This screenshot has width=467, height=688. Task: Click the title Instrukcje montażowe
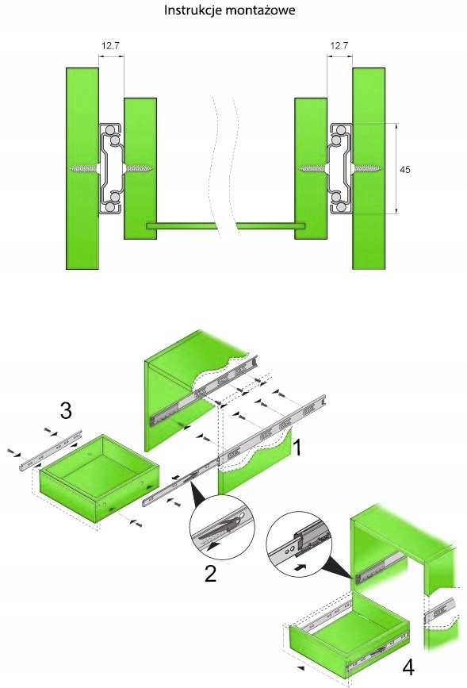[229, 10]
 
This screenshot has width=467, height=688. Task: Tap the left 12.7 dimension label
[110, 45]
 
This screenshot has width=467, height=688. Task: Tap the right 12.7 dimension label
[339, 45]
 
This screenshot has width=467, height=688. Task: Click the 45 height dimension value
[405, 169]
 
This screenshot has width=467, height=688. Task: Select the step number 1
[297, 448]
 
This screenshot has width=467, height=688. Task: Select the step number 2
[210, 573]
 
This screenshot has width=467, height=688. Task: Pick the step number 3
[66, 411]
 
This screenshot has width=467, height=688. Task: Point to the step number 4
[408, 667]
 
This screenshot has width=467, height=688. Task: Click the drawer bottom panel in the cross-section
[225, 226]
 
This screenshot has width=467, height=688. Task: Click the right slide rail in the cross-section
[340, 169]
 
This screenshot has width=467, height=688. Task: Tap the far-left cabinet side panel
[82, 168]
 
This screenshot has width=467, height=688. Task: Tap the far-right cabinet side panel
[369, 168]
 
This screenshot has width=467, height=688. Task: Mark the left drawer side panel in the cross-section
[140, 168]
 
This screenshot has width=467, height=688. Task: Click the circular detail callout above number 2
[222, 527]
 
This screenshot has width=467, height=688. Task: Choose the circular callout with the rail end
[299, 544]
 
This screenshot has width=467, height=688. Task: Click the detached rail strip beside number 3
[51, 450]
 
